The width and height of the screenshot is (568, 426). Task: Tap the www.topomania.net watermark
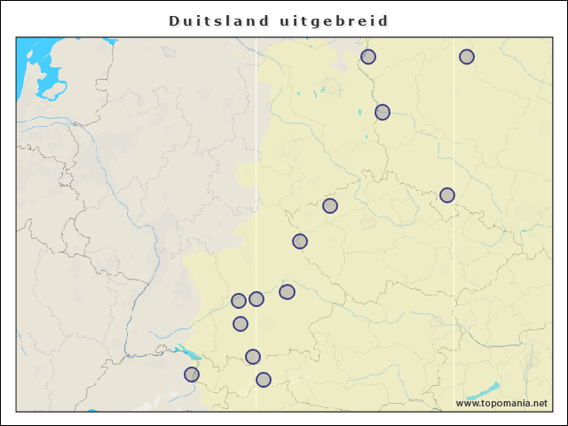pyautogui.click(x=501, y=403)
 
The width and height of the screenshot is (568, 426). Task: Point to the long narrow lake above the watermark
pyautogui.click(x=483, y=391)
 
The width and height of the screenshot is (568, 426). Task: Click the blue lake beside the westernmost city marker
pyautogui.click(x=182, y=351)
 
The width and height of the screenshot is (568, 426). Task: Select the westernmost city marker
pyautogui.click(x=192, y=375)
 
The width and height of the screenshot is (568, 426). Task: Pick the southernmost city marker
pyautogui.click(x=264, y=380)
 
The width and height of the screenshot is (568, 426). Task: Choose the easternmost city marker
pyautogui.click(x=467, y=57)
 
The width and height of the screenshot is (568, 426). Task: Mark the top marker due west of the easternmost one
pyautogui.click(x=368, y=57)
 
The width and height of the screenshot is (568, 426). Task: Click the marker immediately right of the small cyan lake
pyautogui.click(x=383, y=112)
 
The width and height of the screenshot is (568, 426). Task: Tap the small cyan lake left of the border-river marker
pyautogui.click(x=359, y=113)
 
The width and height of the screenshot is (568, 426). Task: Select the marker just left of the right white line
pyautogui.click(x=447, y=195)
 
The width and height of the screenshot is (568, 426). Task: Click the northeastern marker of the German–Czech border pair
pyautogui.click(x=330, y=206)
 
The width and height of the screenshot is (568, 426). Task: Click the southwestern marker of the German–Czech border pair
pyautogui.click(x=300, y=241)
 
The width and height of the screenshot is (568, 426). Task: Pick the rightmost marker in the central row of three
pyautogui.click(x=287, y=292)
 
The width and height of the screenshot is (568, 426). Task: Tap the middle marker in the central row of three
pyautogui.click(x=256, y=299)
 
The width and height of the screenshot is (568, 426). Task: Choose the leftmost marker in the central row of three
pyautogui.click(x=239, y=301)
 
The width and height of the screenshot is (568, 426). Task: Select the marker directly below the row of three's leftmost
pyautogui.click(x=241, y=324)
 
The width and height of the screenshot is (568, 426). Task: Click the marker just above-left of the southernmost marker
pyautogui.click(x=253, y=357)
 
